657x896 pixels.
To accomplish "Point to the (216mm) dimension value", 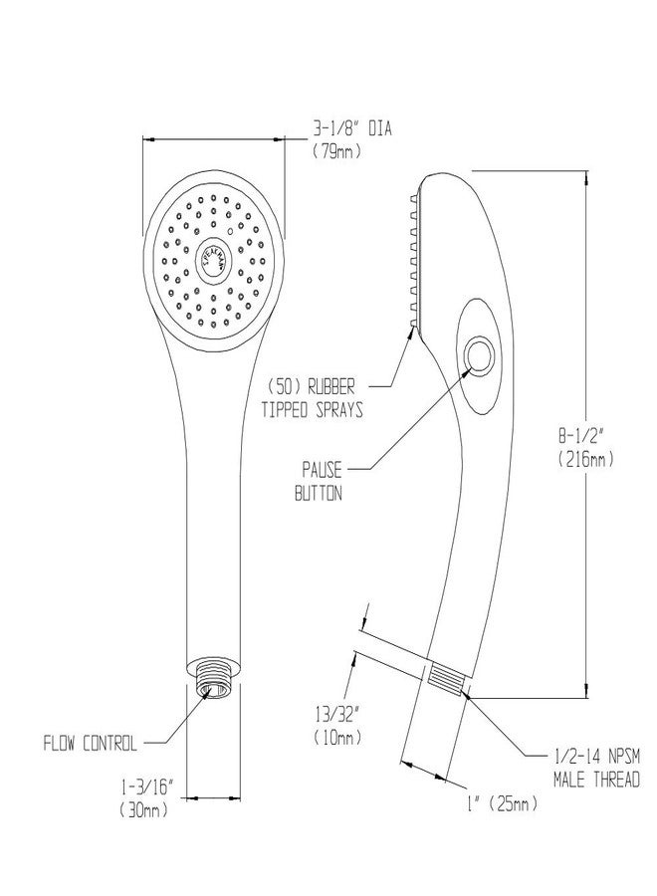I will tap(588, 459).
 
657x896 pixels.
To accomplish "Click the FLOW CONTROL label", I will tap(91, 742).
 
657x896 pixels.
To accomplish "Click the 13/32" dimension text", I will tap(335, 713).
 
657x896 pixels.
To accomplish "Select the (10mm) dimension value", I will tap(335, 738).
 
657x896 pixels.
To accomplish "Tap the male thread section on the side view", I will tap(447, 681).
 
